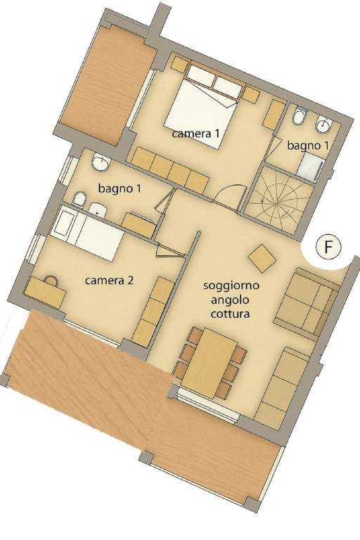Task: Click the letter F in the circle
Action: click(x=328, y=247)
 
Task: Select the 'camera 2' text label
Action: click(x=109, y=281)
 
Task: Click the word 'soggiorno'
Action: click(x=231, y=286)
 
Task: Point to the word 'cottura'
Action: click(x=229, y=314)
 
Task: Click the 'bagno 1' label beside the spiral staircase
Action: click(x=308, y=146)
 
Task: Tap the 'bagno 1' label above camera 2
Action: click(x=120, y=188)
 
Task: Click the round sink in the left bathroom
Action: click(x=101, y=162)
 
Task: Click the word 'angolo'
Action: click(x=230, y=300)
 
